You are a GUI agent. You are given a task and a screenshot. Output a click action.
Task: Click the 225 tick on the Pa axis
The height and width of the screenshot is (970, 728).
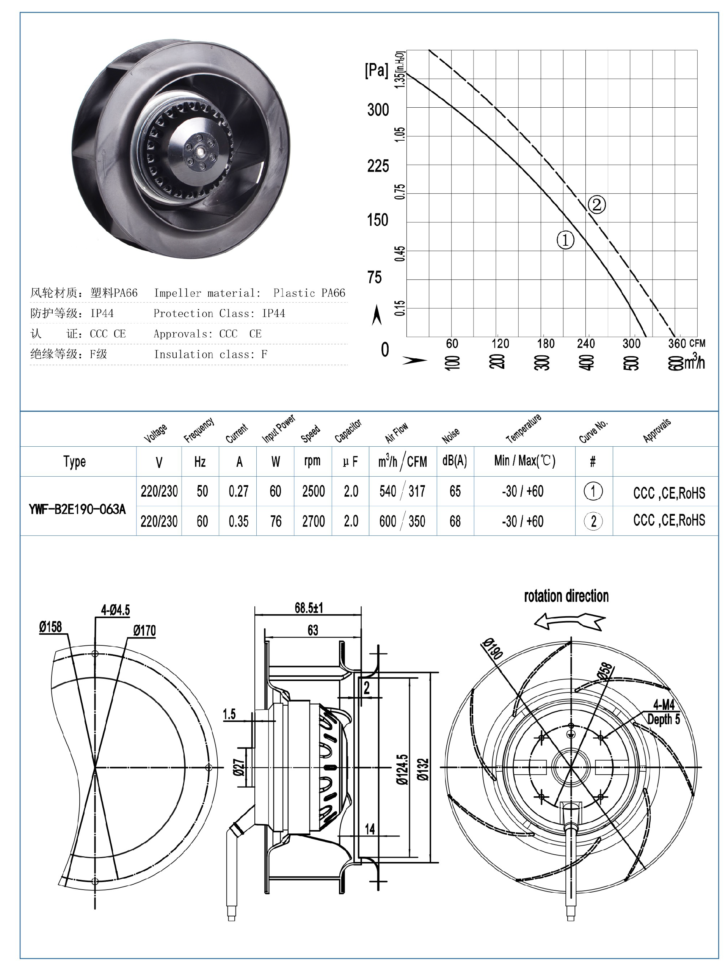tap(378, 166)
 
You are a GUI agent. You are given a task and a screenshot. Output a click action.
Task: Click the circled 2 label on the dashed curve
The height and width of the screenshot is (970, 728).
tap(596, 205)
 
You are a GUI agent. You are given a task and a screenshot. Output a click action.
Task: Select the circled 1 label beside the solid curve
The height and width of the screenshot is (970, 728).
tap(565, 240)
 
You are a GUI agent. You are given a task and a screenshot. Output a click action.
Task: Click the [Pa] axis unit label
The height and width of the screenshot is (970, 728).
tap(376, 70)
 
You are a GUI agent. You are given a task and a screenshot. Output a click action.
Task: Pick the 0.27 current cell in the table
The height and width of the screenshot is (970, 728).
tap(238, 491)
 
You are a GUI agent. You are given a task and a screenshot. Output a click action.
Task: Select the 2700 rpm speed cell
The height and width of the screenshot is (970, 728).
tap(313, 521)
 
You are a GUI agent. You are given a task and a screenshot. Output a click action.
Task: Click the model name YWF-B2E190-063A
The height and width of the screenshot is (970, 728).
tap(77, 509)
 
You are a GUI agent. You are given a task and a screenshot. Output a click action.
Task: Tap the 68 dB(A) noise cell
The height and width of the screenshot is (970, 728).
tap(455, 521)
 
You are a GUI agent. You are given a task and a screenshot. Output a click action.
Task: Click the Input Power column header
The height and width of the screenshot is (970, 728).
tap(278, 429)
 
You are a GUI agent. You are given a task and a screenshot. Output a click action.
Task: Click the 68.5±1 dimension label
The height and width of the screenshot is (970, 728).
tap(308, 608)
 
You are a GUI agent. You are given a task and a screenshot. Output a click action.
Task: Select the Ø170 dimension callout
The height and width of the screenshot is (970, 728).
tap(144, 631)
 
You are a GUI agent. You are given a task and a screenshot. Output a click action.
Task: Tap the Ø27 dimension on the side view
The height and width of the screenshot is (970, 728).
tap(239, 767)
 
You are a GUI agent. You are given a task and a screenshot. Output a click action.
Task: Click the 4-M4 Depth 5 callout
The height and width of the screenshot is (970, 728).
tap(663, 712)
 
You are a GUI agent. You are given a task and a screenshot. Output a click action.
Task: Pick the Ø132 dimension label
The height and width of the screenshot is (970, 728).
tap(423, 770)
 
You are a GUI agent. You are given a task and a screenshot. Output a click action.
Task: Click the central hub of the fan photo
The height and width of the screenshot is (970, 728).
tap(201, 151)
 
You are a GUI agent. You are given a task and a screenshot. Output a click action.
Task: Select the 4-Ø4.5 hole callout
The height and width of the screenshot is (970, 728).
tap(115, 610)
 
